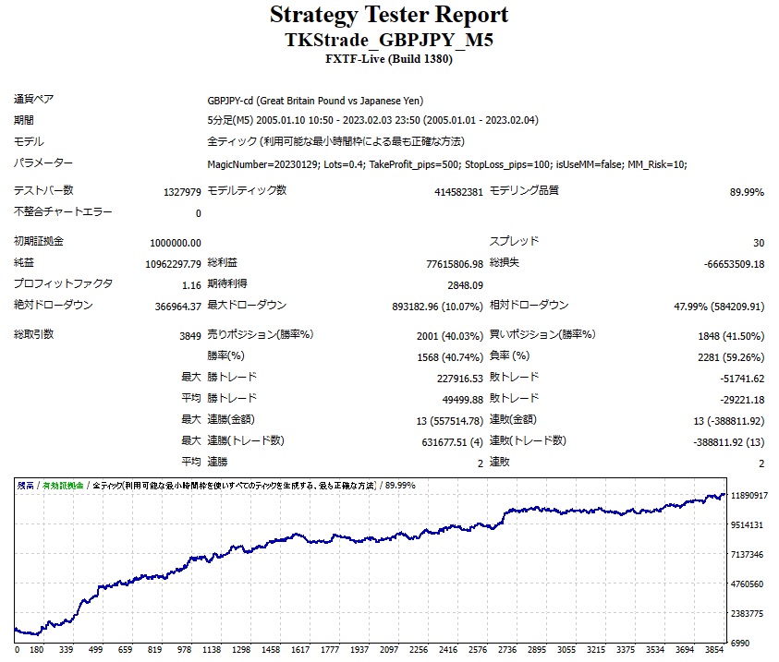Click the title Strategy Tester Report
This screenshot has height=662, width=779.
point(389,15)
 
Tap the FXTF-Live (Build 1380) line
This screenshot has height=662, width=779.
point(389,60)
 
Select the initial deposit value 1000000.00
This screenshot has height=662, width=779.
point(175,243)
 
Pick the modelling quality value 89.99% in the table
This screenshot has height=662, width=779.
point(747,192)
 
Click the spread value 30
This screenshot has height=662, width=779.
point(758,243)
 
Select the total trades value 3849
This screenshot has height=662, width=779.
point(189,336)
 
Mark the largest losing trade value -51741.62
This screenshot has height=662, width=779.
point(737,379)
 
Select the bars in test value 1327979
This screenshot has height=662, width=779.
point(182,192)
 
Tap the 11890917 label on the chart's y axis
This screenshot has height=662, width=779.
point(749,496)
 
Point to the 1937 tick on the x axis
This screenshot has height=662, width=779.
point(359,649)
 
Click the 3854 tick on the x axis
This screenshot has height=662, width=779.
point(713,649)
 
